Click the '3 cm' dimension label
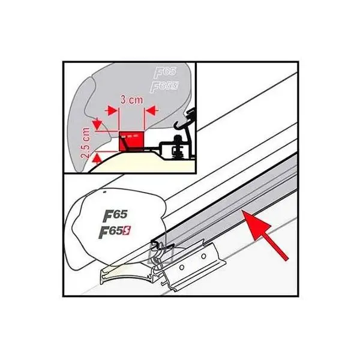click(x=131, y=100)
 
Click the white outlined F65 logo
click(x=165, y=72)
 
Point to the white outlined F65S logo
click(x=164, y=87)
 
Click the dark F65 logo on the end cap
click(x=115, y=215)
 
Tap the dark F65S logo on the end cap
click(x=114, y=232)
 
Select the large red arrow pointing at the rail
click(x=265, y=236)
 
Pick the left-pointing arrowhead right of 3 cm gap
click(x=151, y=110)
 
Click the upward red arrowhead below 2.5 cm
click(x=98, y=158)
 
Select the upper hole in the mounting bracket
click(x=203, y=256)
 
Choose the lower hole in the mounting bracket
click(x=182, y=267)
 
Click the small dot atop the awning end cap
click(x=104, y=192)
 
